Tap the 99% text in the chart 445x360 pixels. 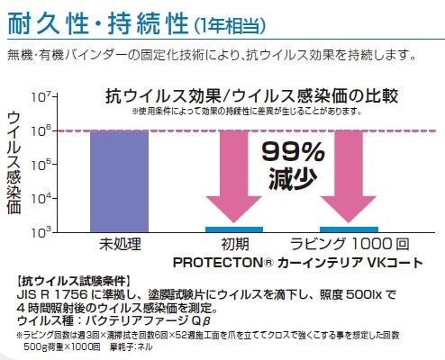coord(290,150)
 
